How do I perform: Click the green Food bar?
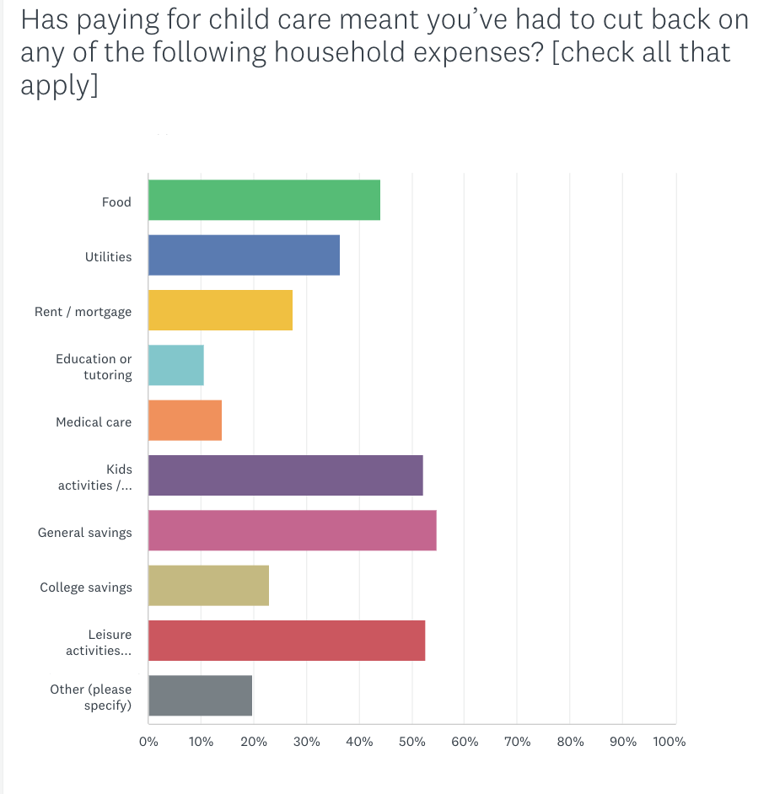pos(264,201)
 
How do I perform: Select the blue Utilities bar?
pos(244,255)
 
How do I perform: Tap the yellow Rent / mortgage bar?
pos(220,310)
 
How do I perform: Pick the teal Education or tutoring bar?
pos(176,366)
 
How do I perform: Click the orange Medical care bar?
pos(185,421)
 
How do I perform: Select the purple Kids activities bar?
pos(285,475)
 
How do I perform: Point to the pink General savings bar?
pos(292,531)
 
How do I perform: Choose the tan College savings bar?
pos(208,586)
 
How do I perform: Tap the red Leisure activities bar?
pos(287,641)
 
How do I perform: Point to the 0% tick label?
pos(148,743)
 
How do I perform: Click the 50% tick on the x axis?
pos(411,743)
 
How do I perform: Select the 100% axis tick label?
pos(670,743)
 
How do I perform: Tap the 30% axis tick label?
pos(306,743)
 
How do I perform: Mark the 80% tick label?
pos(570,743)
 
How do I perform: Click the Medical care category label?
pos(94,421)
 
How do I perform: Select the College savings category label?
pos(86,587)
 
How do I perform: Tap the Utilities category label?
pos(108,256)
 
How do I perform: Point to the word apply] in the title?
pos(59,86)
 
